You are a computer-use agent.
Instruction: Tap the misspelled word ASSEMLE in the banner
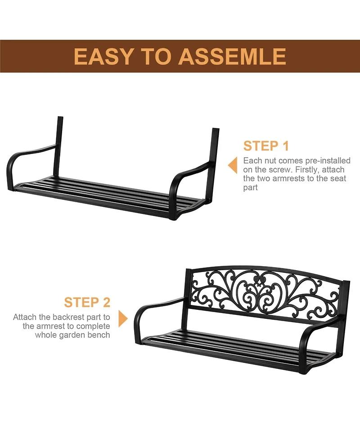click(x=232, y=56)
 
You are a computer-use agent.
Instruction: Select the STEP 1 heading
click(x=266, y=146)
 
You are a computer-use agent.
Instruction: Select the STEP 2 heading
click(x=87, y=302)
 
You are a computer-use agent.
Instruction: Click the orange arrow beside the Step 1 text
click(x=233, y=165)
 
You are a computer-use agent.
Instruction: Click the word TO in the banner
click(x=156, y=56)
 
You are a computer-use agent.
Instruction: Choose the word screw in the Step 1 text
click(x=278, y=170)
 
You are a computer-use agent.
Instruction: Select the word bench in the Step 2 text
click(x=99, y=335)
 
